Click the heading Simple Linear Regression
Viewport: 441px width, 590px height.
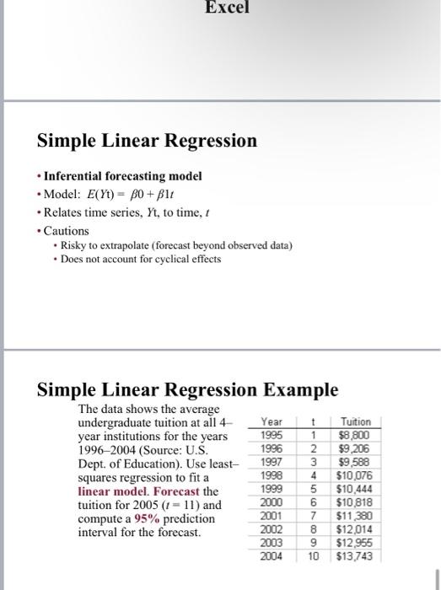pyautogui.click(x=147, y=141)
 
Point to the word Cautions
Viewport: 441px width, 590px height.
pyautogui.click(x=66, y=230)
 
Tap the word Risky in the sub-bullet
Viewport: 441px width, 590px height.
pyautogui.click(x=77, y=245)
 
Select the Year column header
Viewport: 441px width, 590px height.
pyautogui.click(x=272, y=421)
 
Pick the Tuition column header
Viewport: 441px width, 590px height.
pyautogui.click(x=354, y=421)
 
